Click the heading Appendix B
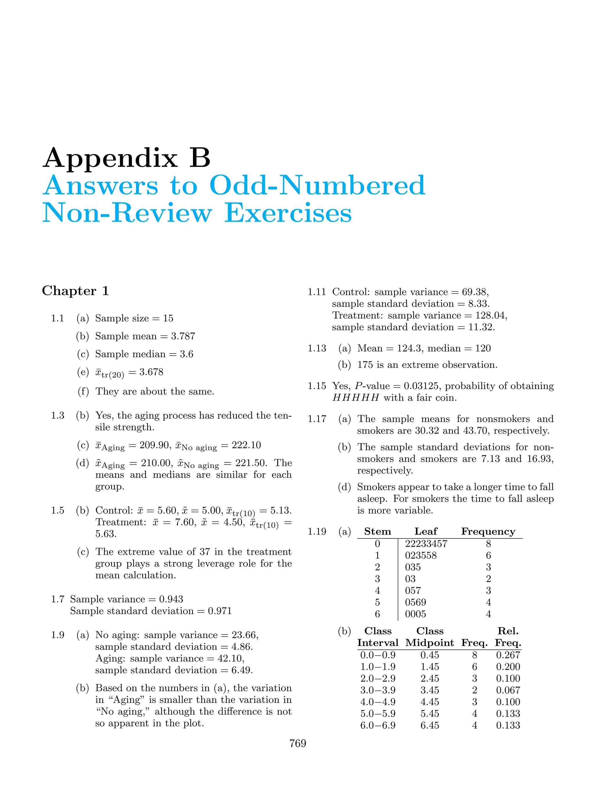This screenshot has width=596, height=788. click(126, 158)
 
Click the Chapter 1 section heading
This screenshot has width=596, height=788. click(75, 291)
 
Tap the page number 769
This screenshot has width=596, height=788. click(298, 743)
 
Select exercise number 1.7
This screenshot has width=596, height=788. click(57, 599)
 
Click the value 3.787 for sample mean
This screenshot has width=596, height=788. click(183, 336)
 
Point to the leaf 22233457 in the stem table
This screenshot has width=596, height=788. click(426, 544)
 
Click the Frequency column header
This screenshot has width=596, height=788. click(488, 531)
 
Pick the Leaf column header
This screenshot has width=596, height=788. click(426, 531)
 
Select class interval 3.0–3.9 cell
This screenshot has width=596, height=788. click(378, 690)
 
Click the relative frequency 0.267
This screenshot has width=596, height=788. click(508, 655)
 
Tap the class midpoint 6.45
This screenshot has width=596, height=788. click(430, 725)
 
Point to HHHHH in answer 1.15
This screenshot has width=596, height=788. click(356, 398)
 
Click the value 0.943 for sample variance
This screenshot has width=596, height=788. click(171, 599)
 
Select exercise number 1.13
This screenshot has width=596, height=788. click(317, 348)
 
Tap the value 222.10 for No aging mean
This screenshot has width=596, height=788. click(246, 445)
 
